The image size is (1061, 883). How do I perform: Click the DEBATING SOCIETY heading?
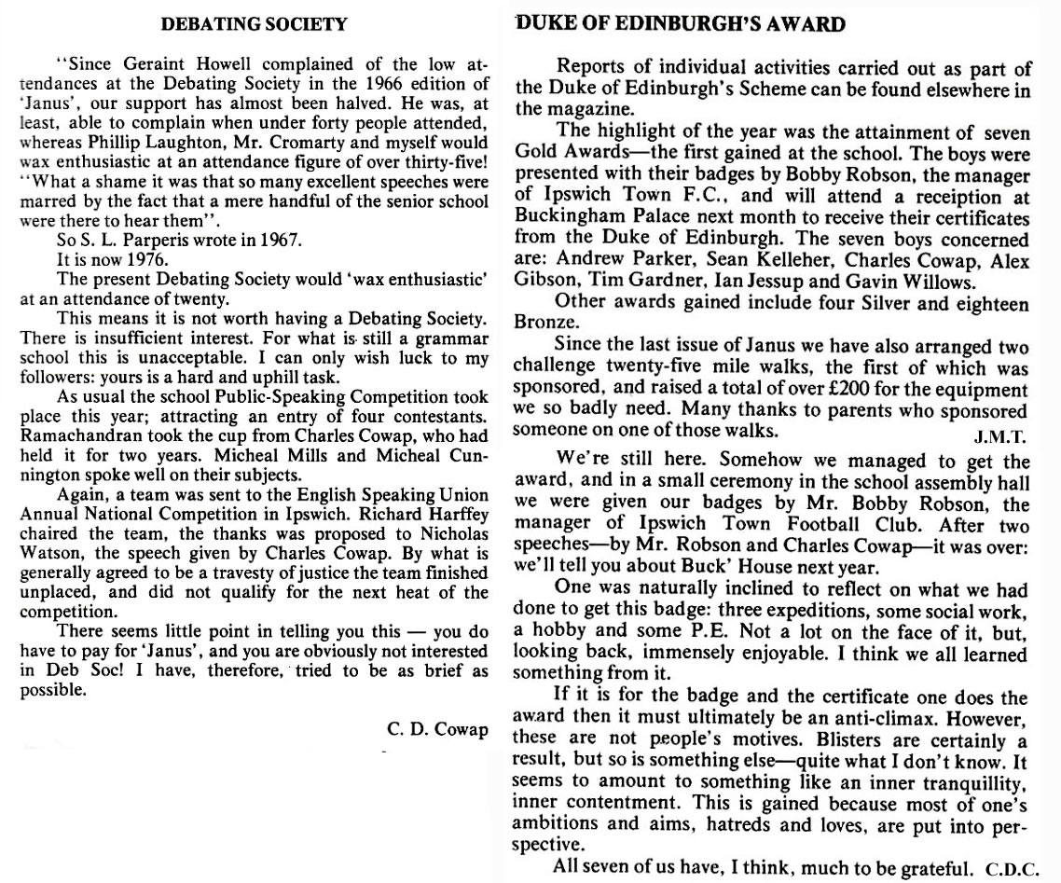[x=254, y=25]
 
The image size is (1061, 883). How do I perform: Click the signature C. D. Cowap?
[x=436, y=729]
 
